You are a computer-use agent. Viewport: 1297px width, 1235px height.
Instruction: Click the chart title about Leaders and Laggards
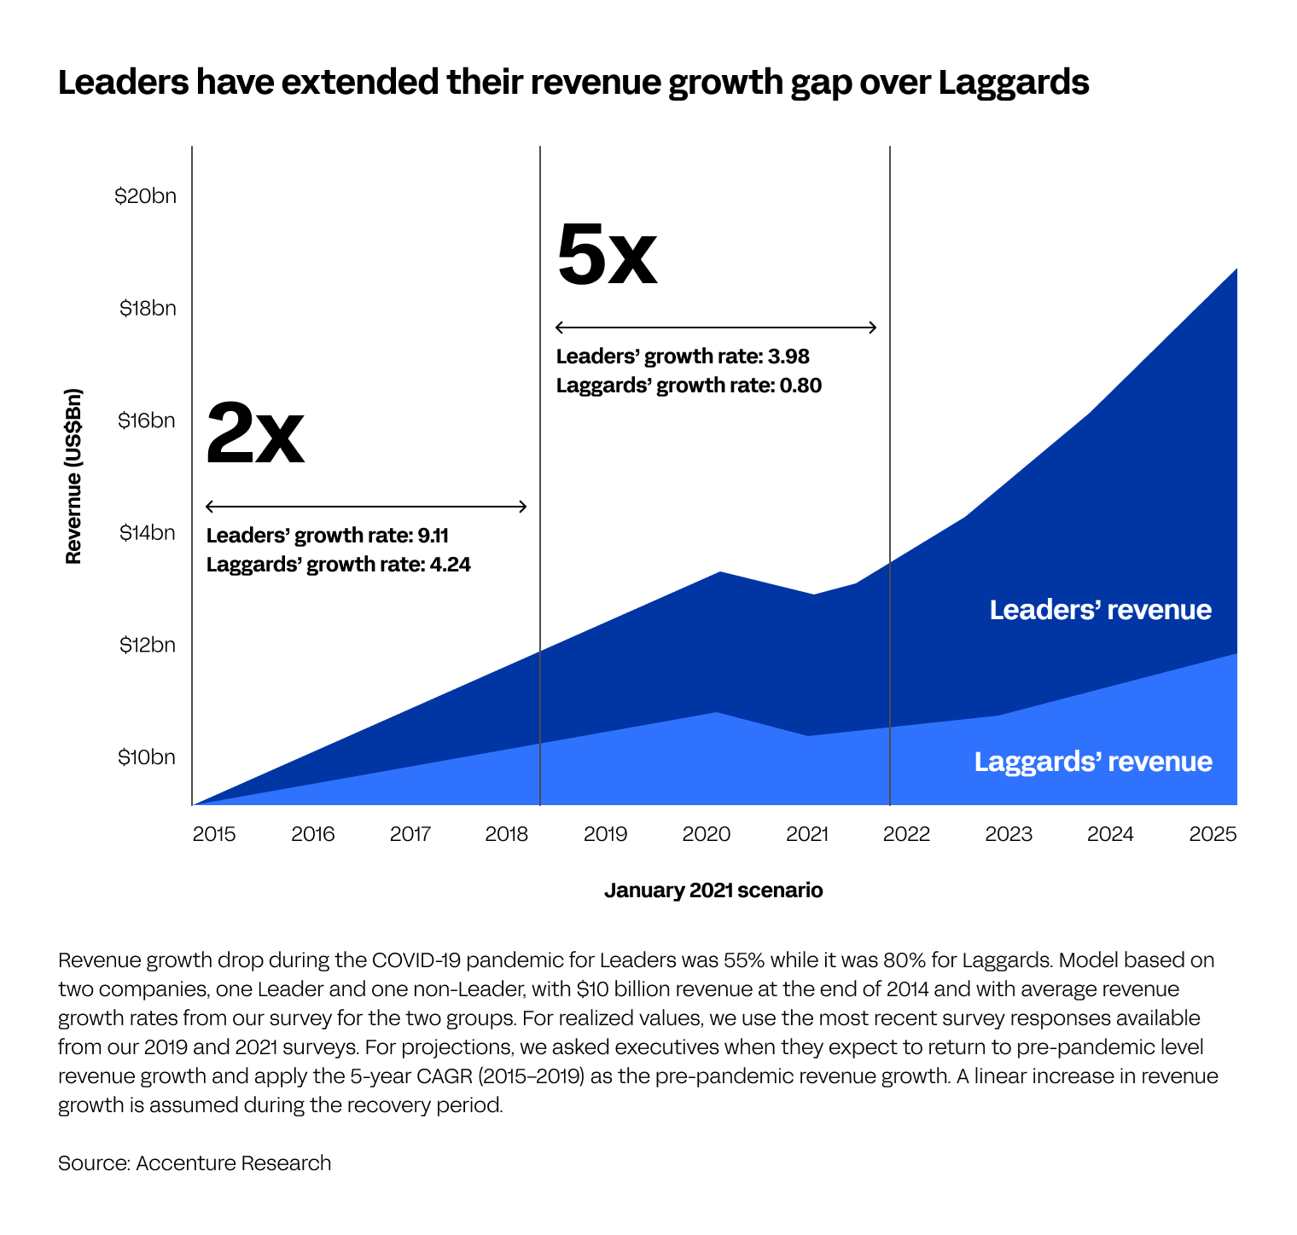[x=573, y=83]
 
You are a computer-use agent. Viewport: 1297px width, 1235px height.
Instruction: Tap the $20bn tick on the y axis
[x=145, y=196]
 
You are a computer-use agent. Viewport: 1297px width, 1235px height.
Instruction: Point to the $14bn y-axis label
[x=147, y=533]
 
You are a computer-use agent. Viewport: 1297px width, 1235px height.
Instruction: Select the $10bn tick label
[x=147, y=757]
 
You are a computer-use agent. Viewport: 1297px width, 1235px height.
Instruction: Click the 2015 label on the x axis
[x=214, y=833]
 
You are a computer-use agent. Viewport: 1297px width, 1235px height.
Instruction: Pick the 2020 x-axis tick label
[x=707, y=833]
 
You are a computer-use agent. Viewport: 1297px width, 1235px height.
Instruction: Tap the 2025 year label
[x=1213, y=833]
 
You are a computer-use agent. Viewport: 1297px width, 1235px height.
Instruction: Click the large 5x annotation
[x=607, y=254]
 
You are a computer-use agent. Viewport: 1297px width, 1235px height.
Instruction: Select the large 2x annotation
[x=255, y=434]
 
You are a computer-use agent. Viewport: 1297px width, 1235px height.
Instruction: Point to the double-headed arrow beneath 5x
[x=716, y=328]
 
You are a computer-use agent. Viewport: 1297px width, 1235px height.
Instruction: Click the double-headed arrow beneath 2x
[x=367, y=507]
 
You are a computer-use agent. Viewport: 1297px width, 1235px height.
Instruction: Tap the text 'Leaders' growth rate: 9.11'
[x=328, y=536]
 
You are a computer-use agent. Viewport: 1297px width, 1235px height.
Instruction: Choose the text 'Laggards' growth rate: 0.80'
[x=689, y=386]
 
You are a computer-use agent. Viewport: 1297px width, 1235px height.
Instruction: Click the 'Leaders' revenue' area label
[x=1100, y=610]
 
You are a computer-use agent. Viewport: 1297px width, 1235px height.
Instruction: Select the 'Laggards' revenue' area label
[x=1093, y=762]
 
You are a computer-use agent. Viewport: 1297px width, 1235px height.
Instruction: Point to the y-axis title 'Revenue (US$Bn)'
[x=73, y=476]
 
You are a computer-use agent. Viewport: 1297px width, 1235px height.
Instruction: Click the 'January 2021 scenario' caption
[x=713, y=890]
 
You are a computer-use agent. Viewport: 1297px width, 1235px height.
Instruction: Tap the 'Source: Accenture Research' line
[x=195, y=1163]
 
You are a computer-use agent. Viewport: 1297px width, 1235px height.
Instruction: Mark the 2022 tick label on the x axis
[x=906, y=833]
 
